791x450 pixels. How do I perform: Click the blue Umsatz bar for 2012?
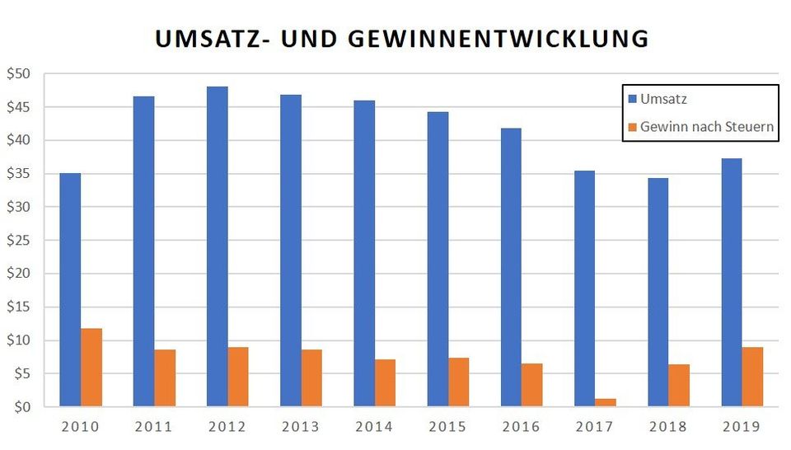218,246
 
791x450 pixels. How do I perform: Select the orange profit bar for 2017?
606,402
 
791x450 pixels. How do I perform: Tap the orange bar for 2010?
91,367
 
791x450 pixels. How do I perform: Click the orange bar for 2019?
752,377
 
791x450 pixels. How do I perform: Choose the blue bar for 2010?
70,289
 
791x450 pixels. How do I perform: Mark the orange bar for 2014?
385,382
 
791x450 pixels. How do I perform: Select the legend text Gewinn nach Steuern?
706,127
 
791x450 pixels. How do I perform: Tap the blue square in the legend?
633,99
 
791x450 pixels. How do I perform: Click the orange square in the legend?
633,127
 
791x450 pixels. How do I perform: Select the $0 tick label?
21,407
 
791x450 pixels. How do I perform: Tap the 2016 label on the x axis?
522,427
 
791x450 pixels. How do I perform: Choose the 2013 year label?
301,427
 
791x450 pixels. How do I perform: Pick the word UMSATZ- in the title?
204,38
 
